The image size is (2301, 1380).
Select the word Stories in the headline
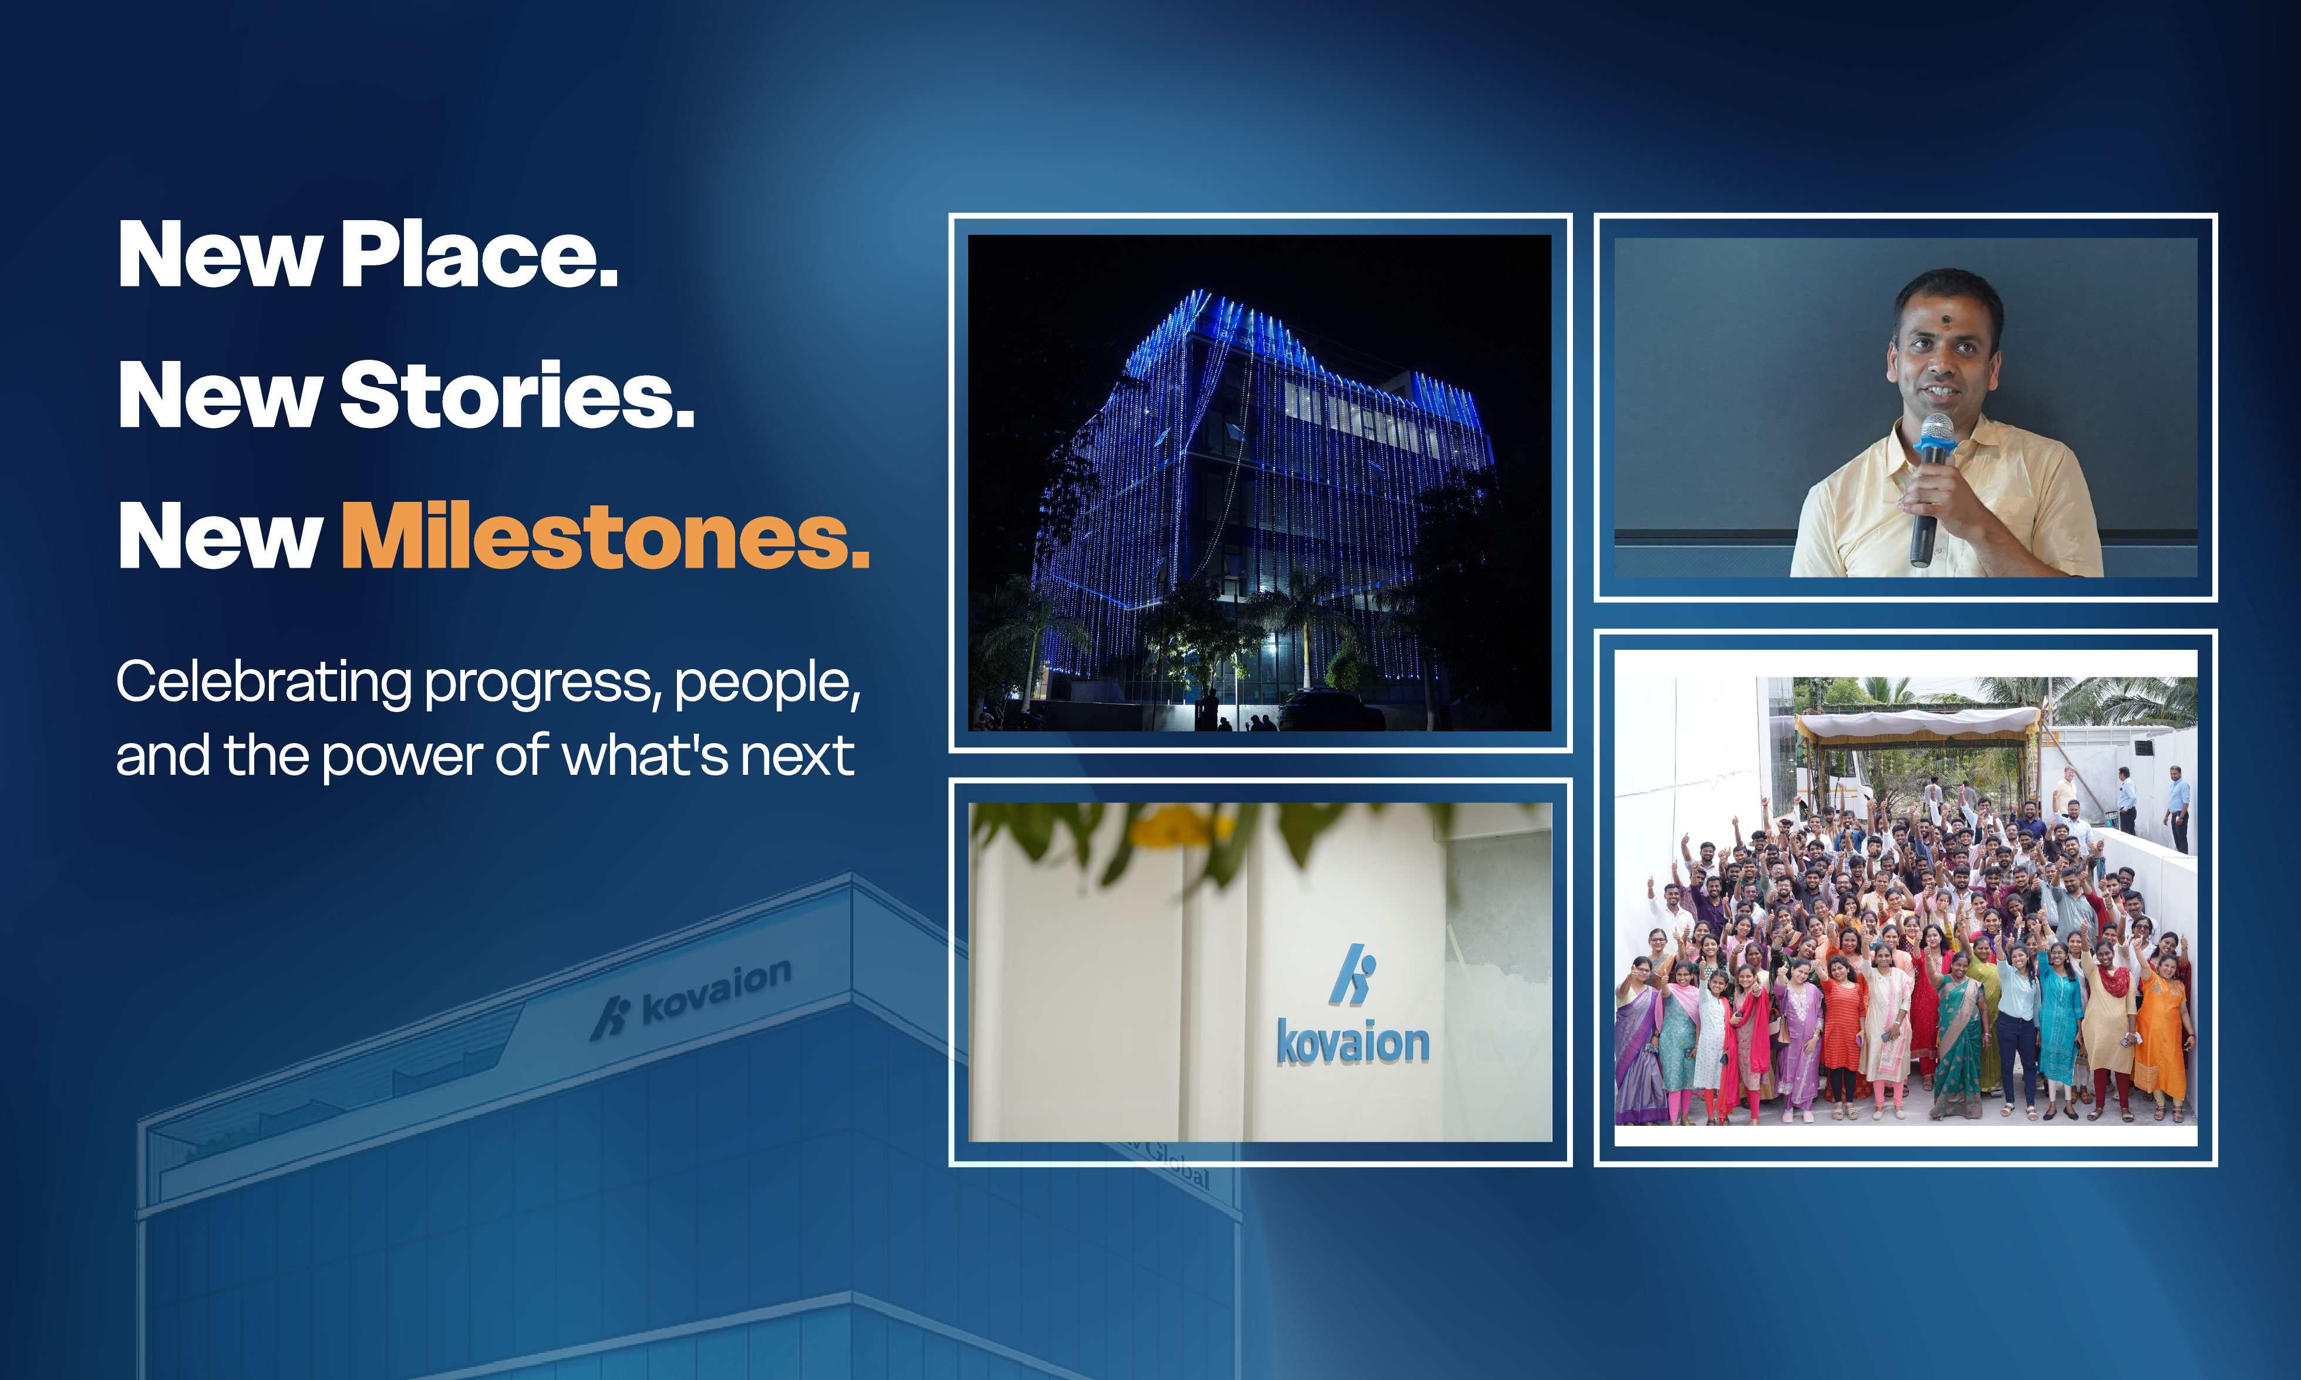point(517,394)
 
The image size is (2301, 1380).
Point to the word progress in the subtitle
point(543,686)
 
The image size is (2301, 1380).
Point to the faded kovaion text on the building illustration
point(716,990)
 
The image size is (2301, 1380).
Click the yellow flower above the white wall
point(1182,826)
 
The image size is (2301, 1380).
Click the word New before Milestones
point(220,537)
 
